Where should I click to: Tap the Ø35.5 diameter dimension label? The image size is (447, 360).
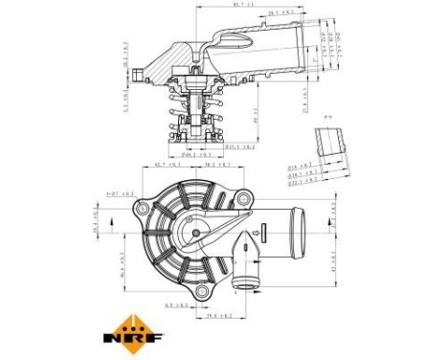coord(239,147)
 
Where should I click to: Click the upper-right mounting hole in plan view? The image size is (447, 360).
coord(246,197)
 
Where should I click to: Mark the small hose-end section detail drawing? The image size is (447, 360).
coord(330,144)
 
